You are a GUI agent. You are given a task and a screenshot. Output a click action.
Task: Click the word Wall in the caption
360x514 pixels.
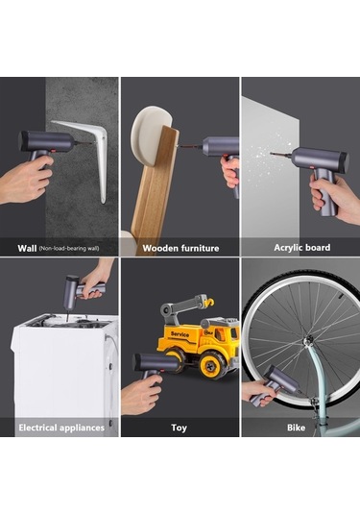pyautogui.click(x=27, y=248)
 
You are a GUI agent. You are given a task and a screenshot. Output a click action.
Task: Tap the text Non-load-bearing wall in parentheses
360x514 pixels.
pyautogui.click(x=69, y=249)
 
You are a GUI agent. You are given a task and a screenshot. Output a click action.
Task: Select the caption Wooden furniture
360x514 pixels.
pyautogui.click(x=180, y=248)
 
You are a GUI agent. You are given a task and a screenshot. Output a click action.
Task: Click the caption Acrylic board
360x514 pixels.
pyautogui.click(x=302, y=248)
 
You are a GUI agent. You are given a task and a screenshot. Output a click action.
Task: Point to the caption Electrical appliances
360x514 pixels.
pyautogui.click(x=61, y=428)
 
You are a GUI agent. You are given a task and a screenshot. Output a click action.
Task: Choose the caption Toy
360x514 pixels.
pyautogui.click(x=179, y=428)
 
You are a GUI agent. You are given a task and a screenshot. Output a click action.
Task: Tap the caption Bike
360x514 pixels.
pyautogui.click(x=296, y=428)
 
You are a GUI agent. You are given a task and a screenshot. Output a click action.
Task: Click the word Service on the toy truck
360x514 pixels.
pyautogui.click(x=180, y=334)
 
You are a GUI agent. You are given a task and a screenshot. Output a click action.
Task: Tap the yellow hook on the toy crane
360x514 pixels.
pyautogui.click(x=209, y=302)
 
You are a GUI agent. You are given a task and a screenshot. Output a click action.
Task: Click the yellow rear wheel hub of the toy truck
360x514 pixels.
pyautogui.click(x=209, y=364)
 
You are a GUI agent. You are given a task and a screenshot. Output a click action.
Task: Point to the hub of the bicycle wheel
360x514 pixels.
pyautogui.click(x=307, y=342)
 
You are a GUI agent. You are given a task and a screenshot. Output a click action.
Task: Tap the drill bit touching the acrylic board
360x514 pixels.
pyautogui.click(x=281, y=154)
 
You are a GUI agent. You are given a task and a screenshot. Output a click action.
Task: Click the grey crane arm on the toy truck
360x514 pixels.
pyautogui.click(x=183, y=306)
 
